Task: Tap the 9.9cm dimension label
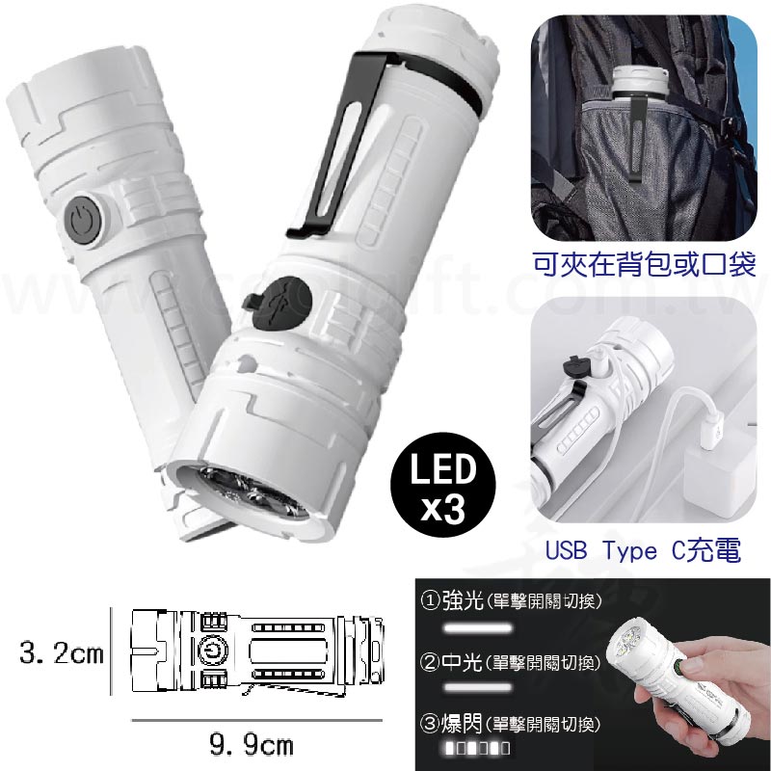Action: click(x=251, y=745)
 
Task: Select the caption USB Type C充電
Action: click(x=641, y=551)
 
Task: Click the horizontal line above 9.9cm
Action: click(x=251, y=720)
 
